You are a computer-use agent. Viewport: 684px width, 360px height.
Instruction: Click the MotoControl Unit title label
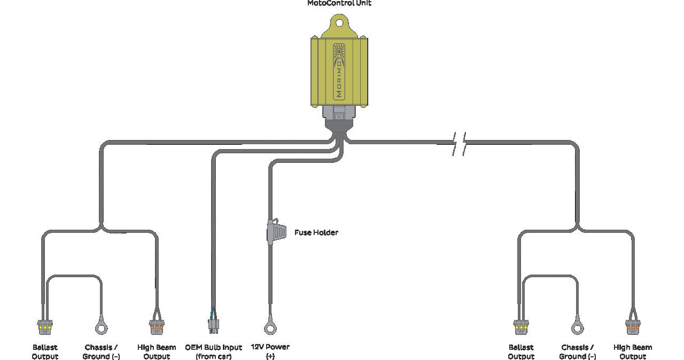339,3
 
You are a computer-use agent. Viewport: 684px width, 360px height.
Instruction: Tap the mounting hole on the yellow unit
339,23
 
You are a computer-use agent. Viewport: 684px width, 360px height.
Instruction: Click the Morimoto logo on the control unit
339,72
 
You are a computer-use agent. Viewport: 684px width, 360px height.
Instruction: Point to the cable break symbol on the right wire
459,144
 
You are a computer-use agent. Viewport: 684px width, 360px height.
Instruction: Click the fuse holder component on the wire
276,231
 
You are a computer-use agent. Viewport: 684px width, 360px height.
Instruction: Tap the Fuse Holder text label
316,232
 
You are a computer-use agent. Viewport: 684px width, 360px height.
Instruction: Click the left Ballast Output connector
45,327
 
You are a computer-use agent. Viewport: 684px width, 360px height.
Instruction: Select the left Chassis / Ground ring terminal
102,327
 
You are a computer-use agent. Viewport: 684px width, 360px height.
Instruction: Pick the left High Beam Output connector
157,327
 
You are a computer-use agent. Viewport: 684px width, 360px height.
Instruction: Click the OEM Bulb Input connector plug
214,326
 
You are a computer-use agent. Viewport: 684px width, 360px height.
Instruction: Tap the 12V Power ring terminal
270,327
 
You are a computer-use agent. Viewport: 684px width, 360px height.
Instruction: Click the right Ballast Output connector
521,327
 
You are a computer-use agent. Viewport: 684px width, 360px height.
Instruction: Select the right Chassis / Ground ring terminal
578,327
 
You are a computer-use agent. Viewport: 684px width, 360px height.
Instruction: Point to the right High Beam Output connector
633,327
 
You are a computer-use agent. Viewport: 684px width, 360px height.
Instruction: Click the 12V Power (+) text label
270,351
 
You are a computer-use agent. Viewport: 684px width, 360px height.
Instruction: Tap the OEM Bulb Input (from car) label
213,352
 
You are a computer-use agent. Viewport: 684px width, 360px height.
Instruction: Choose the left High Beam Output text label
157,352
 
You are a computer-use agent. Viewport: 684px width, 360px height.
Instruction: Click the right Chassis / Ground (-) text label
578,352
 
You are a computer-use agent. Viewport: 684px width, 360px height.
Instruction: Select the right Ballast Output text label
521,352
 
